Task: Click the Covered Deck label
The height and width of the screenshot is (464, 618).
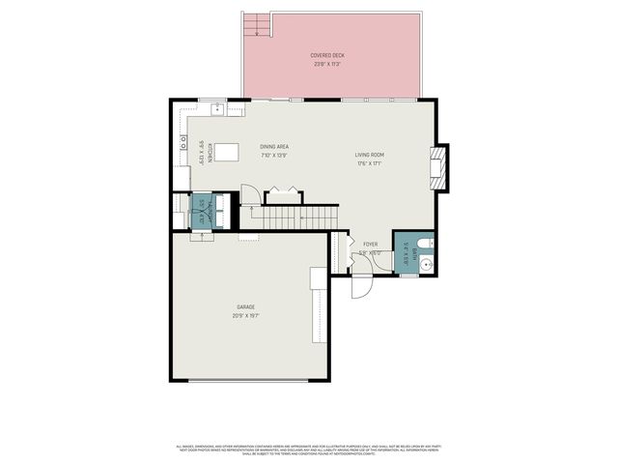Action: coord(327,56)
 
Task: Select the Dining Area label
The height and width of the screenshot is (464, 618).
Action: coord(274,147)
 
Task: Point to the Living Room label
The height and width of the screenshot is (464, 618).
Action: coord(370,155)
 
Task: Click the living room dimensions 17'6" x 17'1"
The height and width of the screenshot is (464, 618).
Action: coord(370,163)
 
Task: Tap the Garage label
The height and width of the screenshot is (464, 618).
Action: coord(246,306)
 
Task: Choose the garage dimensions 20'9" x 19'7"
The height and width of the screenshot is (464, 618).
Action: coord(246,315)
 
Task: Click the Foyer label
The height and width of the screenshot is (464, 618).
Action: coord(371,245)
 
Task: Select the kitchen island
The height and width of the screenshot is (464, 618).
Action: coord(227,152)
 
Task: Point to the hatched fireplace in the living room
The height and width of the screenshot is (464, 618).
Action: coord(438,165)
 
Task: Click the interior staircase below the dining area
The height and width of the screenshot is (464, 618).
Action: coord(287,218)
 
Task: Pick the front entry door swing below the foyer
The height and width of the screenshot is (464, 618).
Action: coord(361,284)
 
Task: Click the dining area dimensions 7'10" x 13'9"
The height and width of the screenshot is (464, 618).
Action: coord(274,156)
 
